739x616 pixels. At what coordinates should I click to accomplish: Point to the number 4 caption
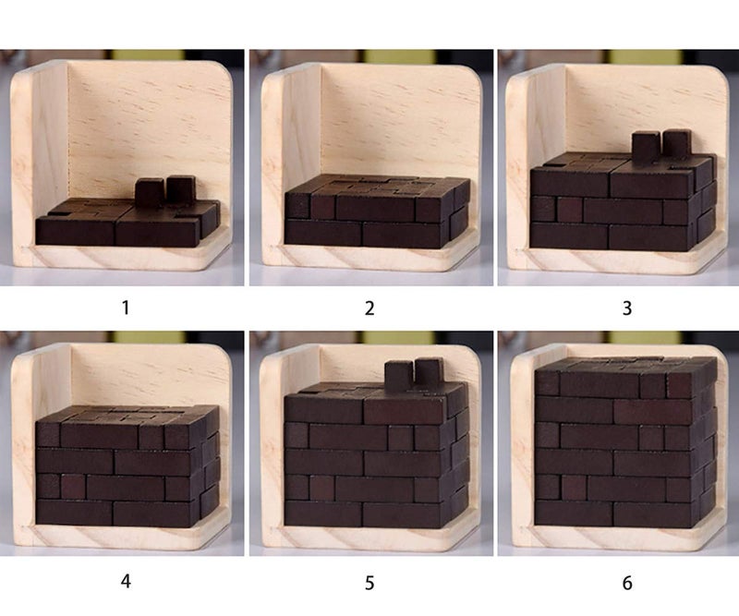126,582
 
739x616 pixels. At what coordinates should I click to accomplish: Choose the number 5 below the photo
369,583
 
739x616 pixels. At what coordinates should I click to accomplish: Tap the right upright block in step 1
179,189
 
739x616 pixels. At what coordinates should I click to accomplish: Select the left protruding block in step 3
645,146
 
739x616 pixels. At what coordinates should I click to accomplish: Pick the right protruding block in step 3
676,143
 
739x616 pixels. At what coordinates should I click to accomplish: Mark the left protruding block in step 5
398,374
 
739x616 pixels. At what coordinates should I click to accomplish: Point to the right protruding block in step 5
429,371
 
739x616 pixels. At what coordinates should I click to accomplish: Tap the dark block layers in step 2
374,212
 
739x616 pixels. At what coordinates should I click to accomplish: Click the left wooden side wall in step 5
273,443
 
